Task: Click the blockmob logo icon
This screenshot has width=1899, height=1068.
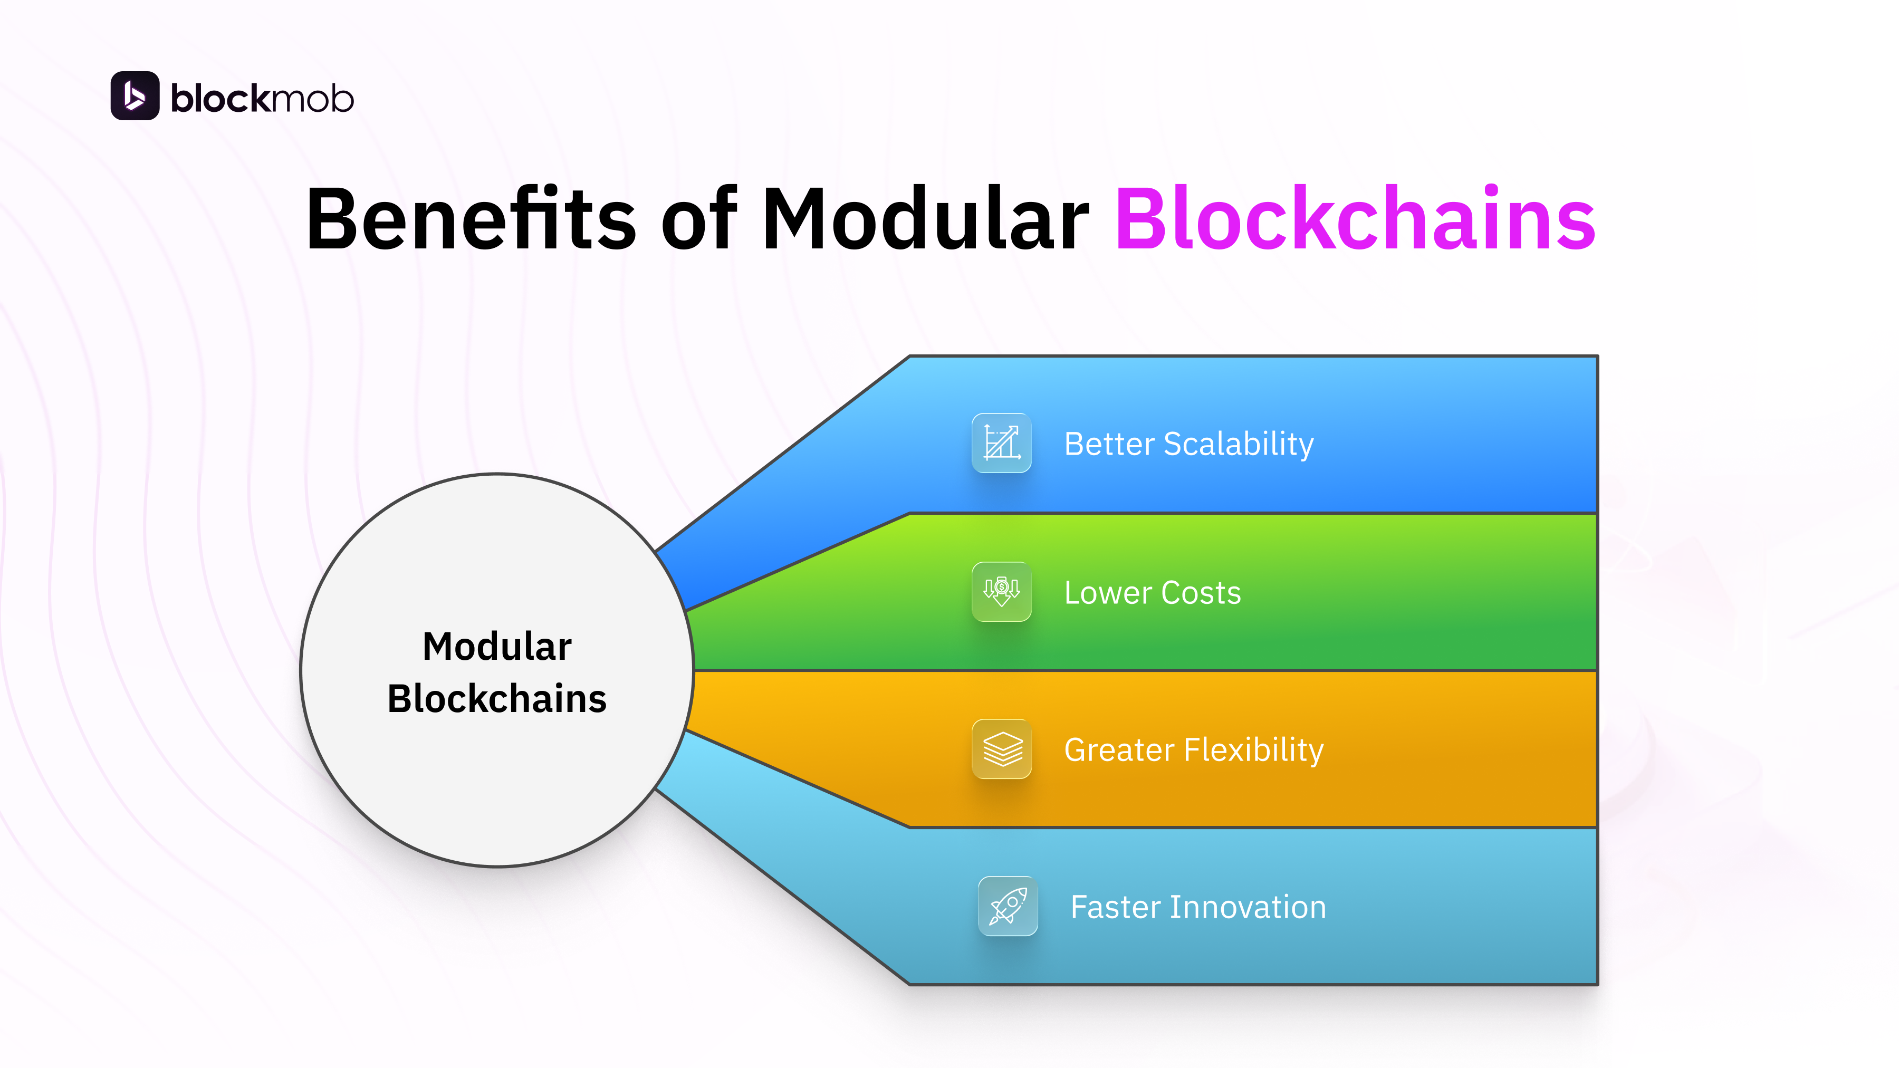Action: pyautogui.click(x=135, y=96)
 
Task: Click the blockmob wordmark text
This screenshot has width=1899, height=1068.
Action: pyautogui.click(x=262, y=99)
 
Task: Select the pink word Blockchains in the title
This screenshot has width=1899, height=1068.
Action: pyautogui.click(x=1355, y=219)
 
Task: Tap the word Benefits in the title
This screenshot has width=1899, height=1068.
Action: pyautogui.click(x=471, y=219)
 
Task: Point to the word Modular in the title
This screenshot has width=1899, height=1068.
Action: pyautogui.click(x=925, y=219)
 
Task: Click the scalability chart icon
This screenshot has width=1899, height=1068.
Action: pyautogui.click(x=1001, y=443)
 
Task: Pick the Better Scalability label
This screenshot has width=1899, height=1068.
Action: pyautogui.click(x=1188, y=444)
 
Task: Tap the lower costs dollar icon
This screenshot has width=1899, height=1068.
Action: pyautogui.click(x=1001, y=592)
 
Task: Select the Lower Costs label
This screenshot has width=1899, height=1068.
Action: pyautogui.click(x=1152, y=593)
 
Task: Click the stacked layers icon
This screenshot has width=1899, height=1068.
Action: pyautogui.click(x=1001, y=749)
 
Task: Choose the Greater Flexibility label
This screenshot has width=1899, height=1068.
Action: pyautogui.click(x=1194, y=749)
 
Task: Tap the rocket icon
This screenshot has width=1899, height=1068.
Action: pyautogui.click(x=1007, y=906)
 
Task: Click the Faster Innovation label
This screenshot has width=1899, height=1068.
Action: pyautogui.click(x=1198, y=907)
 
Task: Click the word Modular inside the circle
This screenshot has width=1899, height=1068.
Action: pyautogui.click(x=497, y=647)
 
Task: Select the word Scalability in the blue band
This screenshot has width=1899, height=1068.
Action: pyautogui.click(x=1239, y=444)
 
